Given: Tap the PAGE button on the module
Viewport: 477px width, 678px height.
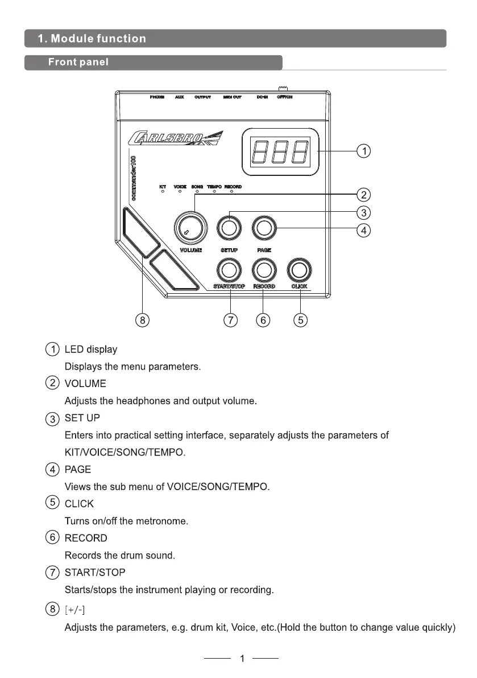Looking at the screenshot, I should point(263,229).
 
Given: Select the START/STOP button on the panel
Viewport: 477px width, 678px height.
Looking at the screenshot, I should point(229,268).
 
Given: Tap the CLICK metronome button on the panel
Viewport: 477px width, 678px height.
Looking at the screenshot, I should point(300,268).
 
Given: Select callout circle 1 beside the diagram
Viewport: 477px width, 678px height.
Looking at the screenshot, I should point(363,151).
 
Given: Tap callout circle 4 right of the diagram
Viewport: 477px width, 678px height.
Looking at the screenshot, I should point(363,230).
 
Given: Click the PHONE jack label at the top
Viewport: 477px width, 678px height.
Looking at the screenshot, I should point(157,97).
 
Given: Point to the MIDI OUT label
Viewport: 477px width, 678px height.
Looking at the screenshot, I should point(232,97).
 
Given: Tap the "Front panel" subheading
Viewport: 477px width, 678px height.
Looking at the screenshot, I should point(78,62).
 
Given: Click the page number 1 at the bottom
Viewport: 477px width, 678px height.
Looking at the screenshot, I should point(242,659).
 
